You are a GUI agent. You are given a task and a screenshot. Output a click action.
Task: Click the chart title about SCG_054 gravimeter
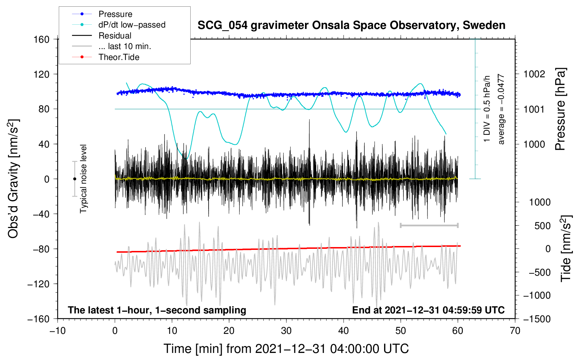pos(351,25)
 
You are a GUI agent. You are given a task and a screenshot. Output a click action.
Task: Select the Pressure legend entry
pos(115,14)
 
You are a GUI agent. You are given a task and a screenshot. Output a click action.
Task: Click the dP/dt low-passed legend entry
pos(132,25)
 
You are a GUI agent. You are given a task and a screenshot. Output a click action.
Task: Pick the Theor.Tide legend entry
pos(119,57)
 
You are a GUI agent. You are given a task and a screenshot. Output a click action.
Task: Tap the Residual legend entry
pos(115,36)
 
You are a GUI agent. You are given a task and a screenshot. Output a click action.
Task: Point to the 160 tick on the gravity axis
pos(41,39)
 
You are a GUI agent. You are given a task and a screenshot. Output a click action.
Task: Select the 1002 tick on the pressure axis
pos(534,74)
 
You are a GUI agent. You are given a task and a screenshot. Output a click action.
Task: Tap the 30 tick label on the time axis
pos(286,331)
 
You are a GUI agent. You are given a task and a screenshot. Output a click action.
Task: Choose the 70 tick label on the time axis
pos(515,331)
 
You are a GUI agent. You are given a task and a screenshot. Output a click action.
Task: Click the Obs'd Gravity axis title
pos(13,179)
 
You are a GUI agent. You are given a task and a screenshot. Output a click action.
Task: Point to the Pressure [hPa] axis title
pos(560,109)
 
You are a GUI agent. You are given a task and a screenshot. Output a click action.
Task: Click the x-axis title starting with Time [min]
pos(286,349)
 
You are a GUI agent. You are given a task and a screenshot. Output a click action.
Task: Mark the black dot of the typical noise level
pos(74,179)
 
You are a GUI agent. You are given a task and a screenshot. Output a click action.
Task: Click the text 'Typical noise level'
pos(83,179)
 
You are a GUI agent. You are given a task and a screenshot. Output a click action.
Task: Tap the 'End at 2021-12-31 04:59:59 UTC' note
pos(428,310)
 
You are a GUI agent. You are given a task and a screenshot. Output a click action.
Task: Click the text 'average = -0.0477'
pos(501,109)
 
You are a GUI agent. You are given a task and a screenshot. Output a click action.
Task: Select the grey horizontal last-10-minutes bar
pos(429,225)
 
